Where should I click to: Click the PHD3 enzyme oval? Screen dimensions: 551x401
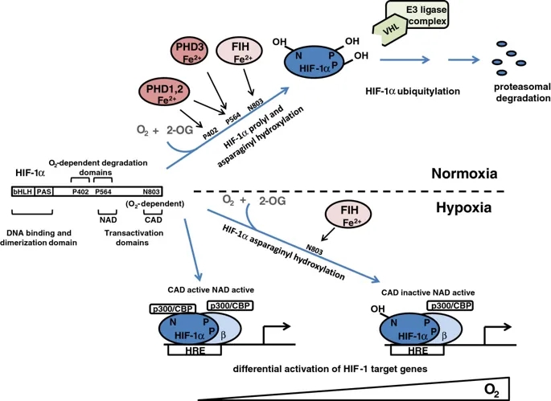point(190,52)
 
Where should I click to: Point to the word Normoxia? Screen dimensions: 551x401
point(464,174)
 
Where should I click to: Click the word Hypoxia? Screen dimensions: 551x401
point(463,207)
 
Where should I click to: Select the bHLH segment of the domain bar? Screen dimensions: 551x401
point(23,191)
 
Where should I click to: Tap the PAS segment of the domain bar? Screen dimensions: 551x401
point(43,191)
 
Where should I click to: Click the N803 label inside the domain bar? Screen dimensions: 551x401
point(151,192)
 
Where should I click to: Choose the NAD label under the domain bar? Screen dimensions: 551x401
point(108,220)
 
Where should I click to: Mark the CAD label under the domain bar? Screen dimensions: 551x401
point(153,220)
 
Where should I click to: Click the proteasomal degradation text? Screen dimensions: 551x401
point(522,92)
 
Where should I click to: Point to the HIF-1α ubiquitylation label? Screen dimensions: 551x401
point(413,92)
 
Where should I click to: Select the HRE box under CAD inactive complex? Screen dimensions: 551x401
point(417,350)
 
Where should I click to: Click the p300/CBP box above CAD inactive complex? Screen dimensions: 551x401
point(450,305)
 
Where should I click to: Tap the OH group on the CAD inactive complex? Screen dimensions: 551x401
point(378,309)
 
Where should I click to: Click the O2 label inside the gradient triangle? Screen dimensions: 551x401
point(491,390)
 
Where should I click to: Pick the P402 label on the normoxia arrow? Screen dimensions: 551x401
point(211,133)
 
